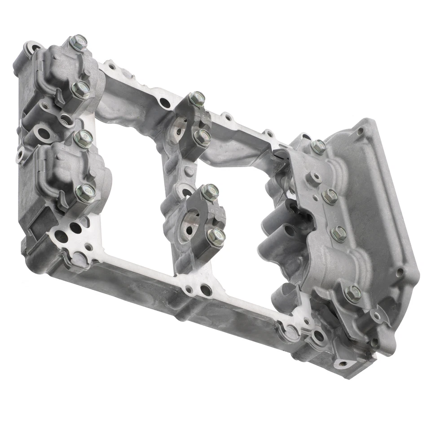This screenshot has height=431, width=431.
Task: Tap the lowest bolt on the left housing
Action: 85,194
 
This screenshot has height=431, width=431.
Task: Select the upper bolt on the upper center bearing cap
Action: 196,99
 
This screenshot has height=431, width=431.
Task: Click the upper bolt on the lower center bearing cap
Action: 210,192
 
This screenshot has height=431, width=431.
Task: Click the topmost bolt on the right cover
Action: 318,147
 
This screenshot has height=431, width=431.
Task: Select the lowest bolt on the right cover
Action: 352,294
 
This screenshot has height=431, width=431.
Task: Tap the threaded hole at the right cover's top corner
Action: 360,132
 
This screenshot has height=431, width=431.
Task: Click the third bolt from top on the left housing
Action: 83,139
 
